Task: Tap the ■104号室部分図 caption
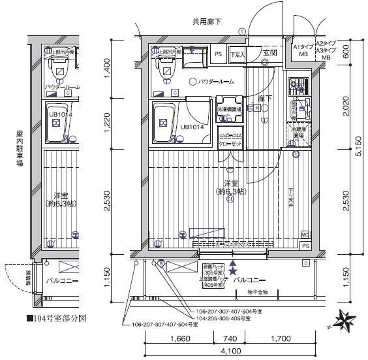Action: pos(56,319)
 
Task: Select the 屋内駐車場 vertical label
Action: pos(20,149)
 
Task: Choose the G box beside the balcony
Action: pos(305,262)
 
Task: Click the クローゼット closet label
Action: pos(230,142)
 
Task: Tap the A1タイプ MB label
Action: pos(302,51)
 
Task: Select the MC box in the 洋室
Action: pos(305,234)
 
